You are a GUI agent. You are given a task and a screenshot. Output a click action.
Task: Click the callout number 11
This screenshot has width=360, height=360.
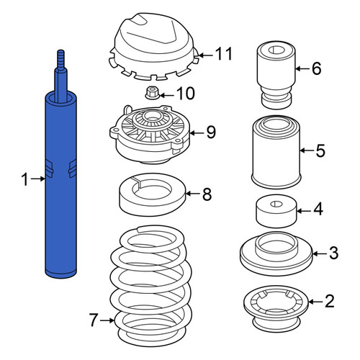(x=224, y=53)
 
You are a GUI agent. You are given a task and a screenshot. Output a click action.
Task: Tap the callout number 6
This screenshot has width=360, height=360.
(x=317, y=68)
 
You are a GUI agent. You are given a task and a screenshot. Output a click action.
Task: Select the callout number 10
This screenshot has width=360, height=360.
(x=186, y=93)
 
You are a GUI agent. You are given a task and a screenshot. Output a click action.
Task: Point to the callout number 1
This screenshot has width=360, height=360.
(x=24, y=179)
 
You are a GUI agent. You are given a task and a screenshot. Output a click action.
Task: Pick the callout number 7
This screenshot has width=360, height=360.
(x=94, y=320)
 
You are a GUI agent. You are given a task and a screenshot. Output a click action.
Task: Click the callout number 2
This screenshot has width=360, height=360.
(x=330, y=301)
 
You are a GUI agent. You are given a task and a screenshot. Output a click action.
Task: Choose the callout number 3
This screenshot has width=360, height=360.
(x=333, y=253)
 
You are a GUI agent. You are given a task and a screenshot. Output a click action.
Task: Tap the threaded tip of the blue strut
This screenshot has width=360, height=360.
(x=61, y=59)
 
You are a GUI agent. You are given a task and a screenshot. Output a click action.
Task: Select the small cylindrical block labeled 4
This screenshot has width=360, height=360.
(x=276, y=211)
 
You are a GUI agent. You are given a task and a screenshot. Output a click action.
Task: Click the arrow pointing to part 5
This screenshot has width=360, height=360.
(x=306, y=150)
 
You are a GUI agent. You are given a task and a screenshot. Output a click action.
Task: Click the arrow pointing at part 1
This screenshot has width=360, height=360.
(x=37, y=179)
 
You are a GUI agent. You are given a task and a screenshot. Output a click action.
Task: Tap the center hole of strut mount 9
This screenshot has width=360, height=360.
(x=152, y=117)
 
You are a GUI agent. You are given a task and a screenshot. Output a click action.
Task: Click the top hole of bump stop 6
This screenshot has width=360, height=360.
(x=276, y=50)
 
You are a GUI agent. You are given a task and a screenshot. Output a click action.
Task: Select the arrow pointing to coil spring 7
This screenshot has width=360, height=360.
(x=107, y=320)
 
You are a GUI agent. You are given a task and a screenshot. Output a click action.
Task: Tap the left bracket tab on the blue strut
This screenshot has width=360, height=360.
(x=49, y=168)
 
